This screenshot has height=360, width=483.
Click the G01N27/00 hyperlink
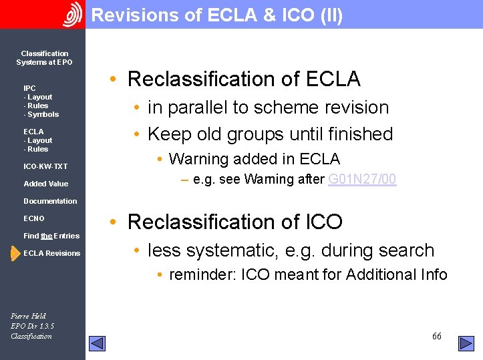click(x=363, y=179)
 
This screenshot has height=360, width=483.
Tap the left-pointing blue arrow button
click(x=98, y=343)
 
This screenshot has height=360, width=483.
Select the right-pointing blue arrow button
click(x=466, y=343)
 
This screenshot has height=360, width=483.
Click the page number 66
click(x=436, y=336)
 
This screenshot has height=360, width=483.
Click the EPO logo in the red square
click(x=72, y=14)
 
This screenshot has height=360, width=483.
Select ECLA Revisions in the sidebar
click(x=51, y=253)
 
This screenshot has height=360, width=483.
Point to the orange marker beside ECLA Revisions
click(x=15, y=253)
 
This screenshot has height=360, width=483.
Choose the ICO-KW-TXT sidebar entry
click(x=45, y=166)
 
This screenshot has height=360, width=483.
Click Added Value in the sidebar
click(x=45, y=184)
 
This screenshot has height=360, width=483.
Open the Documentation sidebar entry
click(x=50, y=201)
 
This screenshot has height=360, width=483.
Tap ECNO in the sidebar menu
click(x=34, y=218)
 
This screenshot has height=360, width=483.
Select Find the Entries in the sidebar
click(x=51, y=236)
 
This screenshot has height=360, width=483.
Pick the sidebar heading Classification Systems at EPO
click(x=45, y=57)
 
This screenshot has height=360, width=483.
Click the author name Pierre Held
click(x=29, y=316)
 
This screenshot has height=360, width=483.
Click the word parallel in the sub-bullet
click(x=203, y=108)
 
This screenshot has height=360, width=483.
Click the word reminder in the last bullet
click(x=202, y=275)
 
